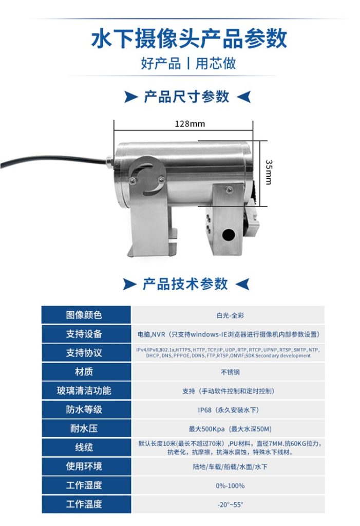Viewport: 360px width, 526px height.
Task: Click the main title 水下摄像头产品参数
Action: coord(188,39)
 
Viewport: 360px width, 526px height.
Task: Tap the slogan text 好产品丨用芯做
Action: coord(188,63)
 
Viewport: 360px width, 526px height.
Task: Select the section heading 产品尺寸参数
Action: coord(186,97)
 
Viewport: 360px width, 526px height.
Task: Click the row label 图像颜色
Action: coord(84,315)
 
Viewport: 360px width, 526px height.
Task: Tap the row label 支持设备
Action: coord(84,334)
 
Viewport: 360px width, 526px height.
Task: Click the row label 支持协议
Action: coord(84,353)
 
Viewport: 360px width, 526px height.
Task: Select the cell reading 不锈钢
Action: coord(228,372)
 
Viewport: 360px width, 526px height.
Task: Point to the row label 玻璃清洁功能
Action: coord(84,390)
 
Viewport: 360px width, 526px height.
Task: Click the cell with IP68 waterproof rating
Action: coord(228,410)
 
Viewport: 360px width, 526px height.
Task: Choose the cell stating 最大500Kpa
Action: coord(228,429)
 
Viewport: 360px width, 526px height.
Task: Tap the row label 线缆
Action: coord(84,447)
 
